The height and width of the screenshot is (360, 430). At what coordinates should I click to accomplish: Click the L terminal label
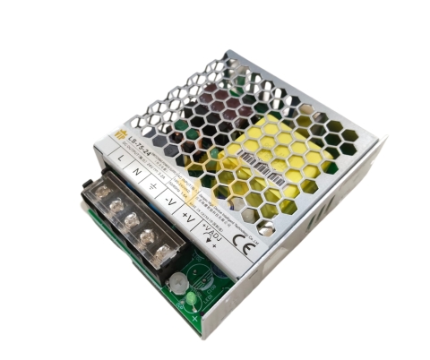point(120,158)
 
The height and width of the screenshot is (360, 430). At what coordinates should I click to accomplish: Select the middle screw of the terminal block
point(129,221)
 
